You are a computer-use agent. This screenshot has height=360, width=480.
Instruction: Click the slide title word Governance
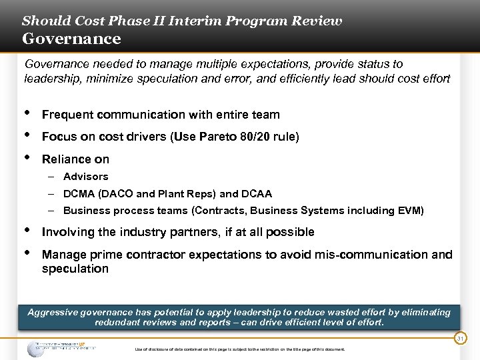click(x=71, y=39)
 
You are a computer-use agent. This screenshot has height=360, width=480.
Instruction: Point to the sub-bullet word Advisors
click(x=85, y=177)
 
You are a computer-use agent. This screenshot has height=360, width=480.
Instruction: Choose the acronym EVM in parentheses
click(x=408, y=211)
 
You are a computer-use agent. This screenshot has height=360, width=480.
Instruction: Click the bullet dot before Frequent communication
click(x=26, y=113)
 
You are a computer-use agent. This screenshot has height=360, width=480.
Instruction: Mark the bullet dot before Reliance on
click(x=26, y=157)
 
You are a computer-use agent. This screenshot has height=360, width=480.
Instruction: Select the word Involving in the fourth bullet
click(x=67, y=232)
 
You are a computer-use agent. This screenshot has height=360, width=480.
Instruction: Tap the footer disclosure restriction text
click(x=240, y=349)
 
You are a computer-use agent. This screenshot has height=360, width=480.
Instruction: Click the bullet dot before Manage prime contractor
click(x=26, y=253)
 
